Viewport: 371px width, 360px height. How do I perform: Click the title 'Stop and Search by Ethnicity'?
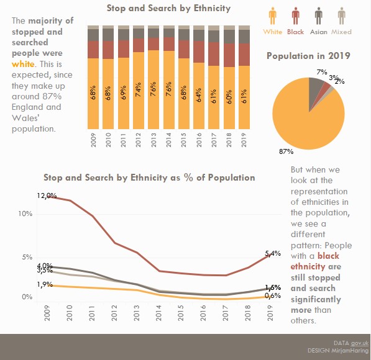[168, 9]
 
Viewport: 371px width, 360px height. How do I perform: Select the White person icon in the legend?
[272, 16]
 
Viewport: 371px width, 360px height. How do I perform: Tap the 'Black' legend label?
[296, 32]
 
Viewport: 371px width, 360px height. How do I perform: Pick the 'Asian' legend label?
[319, 32]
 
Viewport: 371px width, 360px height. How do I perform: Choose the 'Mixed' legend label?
[341, 32]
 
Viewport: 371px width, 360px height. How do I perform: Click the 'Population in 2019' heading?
[308, 56]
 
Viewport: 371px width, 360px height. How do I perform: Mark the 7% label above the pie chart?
[321, 73]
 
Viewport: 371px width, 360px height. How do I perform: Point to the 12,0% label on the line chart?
[47, 196]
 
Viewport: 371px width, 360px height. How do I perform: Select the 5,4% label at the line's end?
[273, 253]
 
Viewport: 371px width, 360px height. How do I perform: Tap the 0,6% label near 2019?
[273, 296]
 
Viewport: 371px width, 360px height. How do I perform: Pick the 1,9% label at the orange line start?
[44, 284]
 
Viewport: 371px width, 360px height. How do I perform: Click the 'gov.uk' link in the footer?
[360, 343]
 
